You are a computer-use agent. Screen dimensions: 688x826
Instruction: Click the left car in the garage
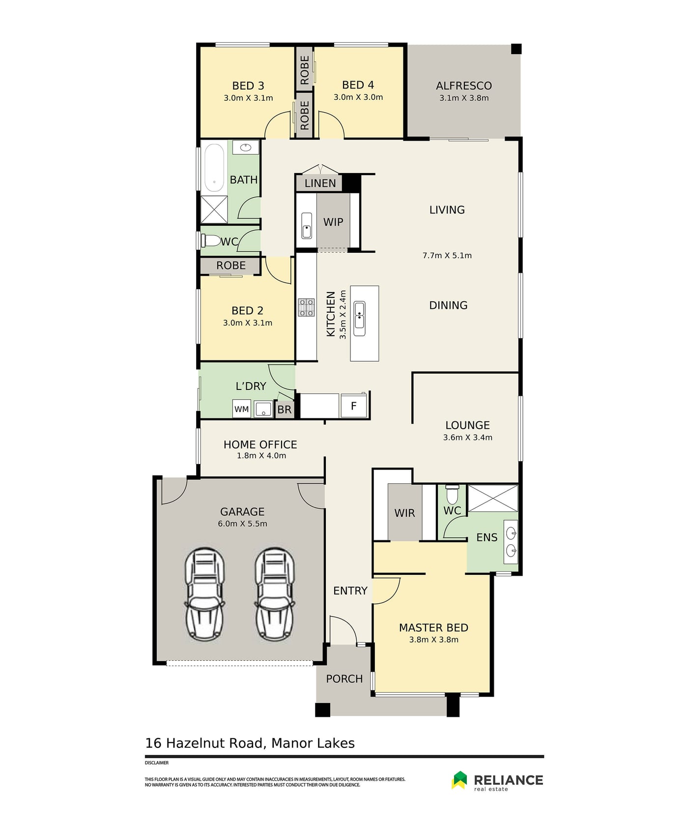coord(204,594)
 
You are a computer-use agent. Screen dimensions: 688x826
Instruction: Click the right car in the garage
coord(275,594)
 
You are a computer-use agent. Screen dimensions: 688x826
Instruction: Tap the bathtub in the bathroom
coord(214,167)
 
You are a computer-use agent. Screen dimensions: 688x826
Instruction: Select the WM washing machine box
coord(241,409)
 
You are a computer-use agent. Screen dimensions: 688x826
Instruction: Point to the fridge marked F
coord(353,406)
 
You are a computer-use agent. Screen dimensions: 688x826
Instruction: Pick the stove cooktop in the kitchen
coord(307,307)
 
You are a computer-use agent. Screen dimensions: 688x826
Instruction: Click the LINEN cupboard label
coord(320,183)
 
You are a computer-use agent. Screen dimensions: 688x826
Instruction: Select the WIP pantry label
coord(333,222)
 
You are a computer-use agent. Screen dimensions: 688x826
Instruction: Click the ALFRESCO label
coord(464,86)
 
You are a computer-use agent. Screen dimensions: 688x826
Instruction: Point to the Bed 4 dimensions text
coord(358,97)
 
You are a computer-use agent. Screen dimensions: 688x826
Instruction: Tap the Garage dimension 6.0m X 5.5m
coord(243,524)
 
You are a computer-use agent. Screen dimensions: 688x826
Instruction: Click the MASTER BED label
coord(433,628)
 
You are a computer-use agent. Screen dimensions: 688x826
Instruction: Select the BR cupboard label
coord(285,410)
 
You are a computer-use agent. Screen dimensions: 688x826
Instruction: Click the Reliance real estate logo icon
coord(459,780)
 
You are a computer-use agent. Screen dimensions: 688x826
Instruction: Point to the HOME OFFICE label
coord(260,444)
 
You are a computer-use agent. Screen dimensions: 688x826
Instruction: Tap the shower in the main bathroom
coord(214,209)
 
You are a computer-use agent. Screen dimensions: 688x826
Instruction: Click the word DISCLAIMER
coord(157,763)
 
